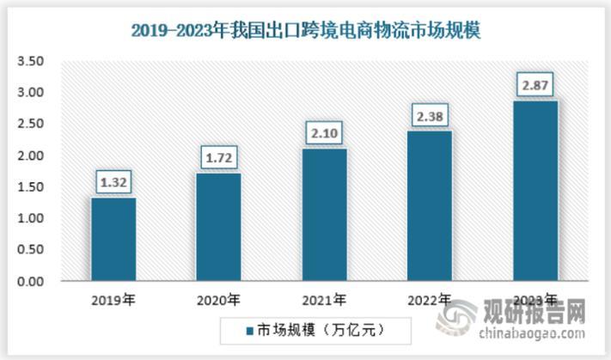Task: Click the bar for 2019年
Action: (x=113, y=240)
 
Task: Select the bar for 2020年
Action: (x=218, y=227)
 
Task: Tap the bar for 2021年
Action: (x=324, y=215)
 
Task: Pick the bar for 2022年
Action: (x=429, y=206)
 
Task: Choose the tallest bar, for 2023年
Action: (x=535, y=191)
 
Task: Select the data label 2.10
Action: (x=324, y=135)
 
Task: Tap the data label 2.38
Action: (x=429, y=117)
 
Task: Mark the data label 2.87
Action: (x=535, y=86)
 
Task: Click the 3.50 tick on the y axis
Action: (x=30, y=61)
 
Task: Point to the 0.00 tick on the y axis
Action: (x=30, y=282)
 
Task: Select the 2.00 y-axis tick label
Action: (x=30, y=156)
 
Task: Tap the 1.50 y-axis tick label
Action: (x=30, y=187)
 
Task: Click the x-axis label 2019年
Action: (x=113, y=301)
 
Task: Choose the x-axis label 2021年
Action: (x=324, y=301)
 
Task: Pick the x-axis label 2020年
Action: (x=218, y=301)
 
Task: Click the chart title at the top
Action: (x=305, y=30)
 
